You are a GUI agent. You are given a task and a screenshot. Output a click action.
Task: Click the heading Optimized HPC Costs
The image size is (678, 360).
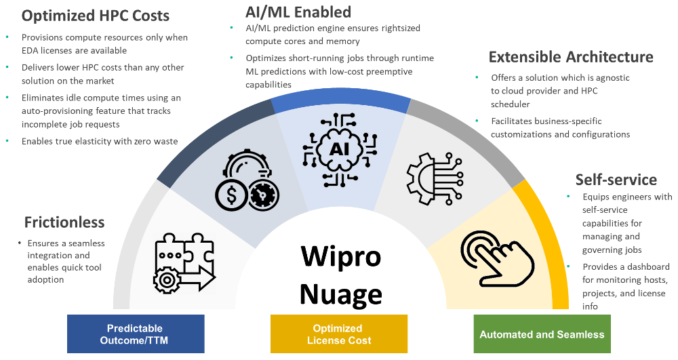coord(96,15)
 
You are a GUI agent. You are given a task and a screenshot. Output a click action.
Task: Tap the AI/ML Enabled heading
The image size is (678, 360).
coord(299,12)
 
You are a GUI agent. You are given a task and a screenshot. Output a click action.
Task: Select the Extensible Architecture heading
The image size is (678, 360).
coord(571,57)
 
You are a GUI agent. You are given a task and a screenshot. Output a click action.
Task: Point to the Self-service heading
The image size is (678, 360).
coord(616,180)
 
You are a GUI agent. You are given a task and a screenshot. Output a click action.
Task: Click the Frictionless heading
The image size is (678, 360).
coord(64,222)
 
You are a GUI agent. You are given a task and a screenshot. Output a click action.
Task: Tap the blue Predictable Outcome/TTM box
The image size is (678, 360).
coord(136,334)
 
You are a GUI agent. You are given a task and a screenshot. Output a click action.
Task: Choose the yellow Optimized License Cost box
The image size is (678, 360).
coord(339,334)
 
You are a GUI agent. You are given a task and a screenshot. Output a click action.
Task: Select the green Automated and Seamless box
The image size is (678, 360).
coord(542,334)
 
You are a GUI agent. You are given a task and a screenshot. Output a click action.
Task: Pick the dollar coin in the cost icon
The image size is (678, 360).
coord(231,197)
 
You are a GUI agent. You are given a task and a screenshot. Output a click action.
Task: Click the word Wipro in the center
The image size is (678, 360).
coord(341,257)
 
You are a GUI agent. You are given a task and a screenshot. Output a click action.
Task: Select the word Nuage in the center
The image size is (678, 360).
coord(341,294)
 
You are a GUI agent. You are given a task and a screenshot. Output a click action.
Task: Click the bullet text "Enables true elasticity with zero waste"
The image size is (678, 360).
coord(100,141)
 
